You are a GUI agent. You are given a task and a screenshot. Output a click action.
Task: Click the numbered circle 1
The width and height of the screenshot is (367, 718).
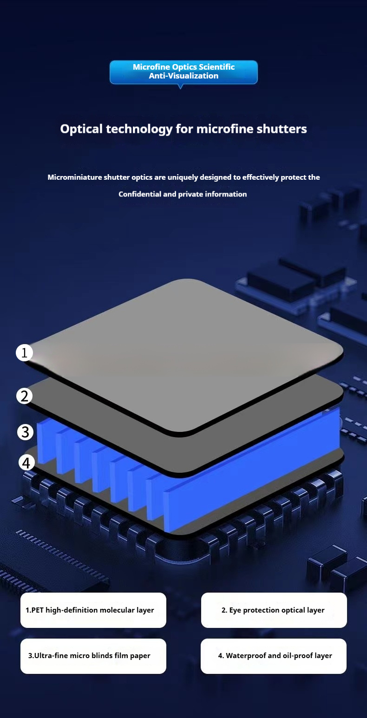(24, 352)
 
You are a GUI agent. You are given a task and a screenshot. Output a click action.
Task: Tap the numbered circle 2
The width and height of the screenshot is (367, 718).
(25, 396)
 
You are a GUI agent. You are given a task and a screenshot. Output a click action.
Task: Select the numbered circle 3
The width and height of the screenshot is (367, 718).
(26, 432)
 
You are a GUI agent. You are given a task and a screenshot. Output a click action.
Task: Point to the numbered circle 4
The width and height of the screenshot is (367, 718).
(26, 463)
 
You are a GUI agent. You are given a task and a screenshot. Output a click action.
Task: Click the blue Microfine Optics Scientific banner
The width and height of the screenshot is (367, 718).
(183, 72)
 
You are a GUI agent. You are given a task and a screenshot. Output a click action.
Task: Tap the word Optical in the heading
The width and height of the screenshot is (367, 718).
(81, 129)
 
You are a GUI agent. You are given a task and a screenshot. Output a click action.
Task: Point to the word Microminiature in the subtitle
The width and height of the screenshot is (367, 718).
(75, 177)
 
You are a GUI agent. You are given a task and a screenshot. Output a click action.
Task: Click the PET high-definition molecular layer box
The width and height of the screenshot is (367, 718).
(93, 610)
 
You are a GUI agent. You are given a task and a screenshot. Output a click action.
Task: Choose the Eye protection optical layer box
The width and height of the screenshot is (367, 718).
(274, 610)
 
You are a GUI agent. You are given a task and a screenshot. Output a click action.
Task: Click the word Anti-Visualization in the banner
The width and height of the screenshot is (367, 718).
(183, 76)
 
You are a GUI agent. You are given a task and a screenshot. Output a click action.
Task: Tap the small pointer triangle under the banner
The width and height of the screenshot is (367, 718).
(180, 86)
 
